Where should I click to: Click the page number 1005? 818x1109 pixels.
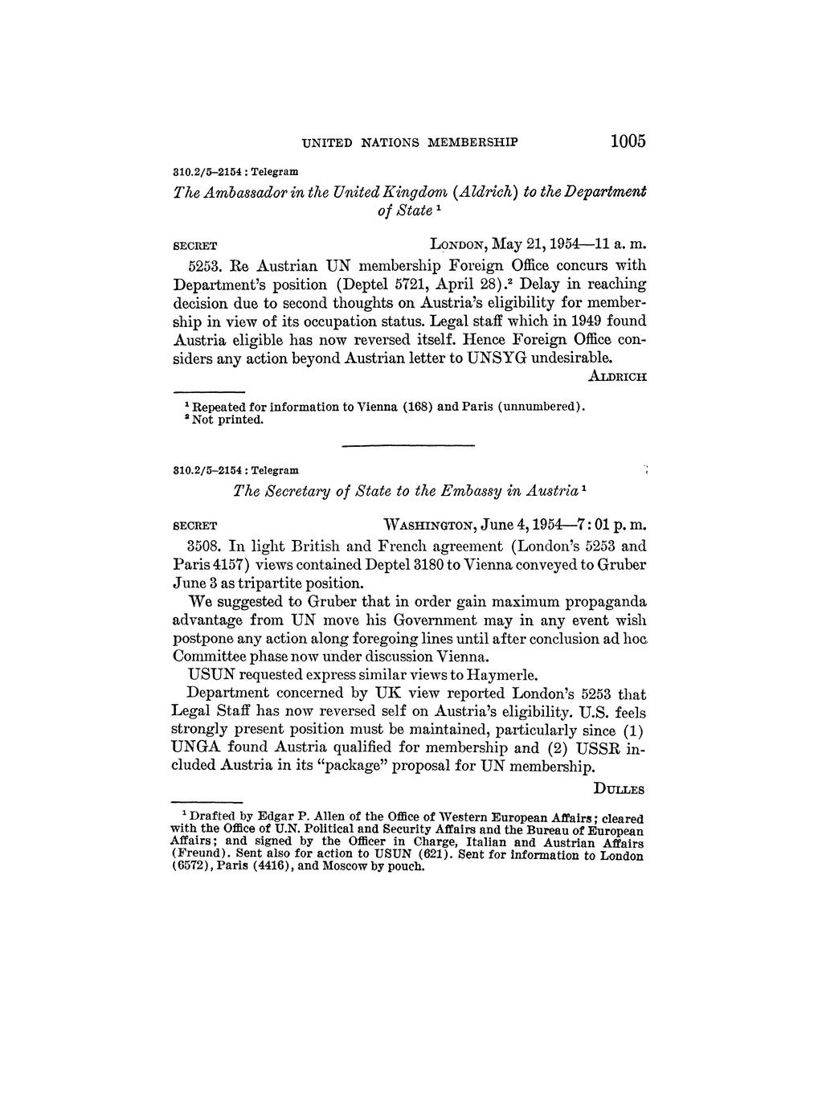point(628,141)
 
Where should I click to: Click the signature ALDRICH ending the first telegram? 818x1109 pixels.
point(617,376)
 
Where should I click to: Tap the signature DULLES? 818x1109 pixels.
point(621,790)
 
